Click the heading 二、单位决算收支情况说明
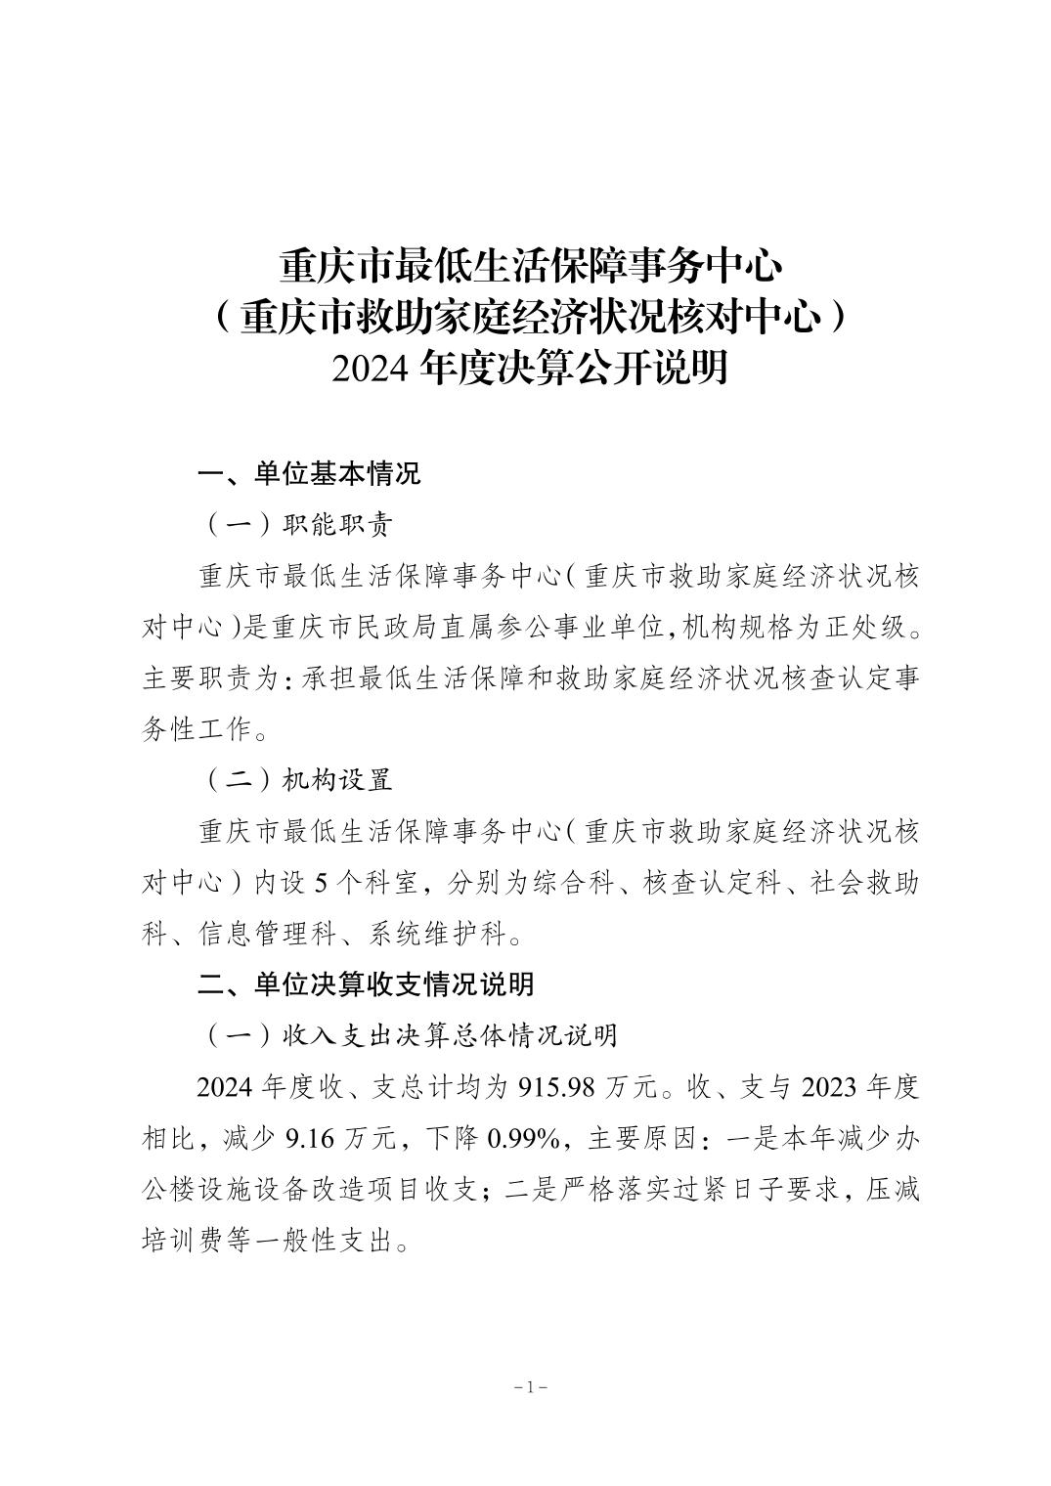click(x=366, y=983)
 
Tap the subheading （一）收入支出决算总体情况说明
click(x=412, y=1034)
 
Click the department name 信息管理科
click(x=256, y=933)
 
